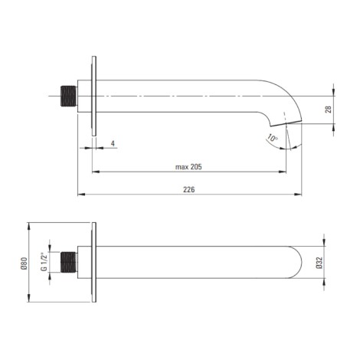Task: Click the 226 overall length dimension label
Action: coord(189,189)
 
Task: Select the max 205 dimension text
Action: coord(188,167)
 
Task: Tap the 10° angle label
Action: coord(273,139)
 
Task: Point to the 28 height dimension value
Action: coord(329,110)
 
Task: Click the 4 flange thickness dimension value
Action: coord(113,143)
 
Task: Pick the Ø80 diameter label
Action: coord(24,263)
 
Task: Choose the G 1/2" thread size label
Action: coord(44,262)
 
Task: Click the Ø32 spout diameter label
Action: coord(319,263)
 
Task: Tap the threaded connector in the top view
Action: coord(69,96)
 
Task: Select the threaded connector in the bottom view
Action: coord(69,262)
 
